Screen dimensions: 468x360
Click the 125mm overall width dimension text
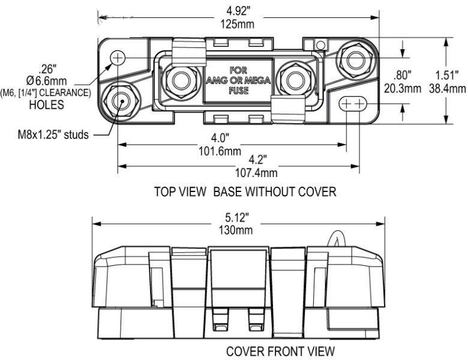pyautogui.click(x=237, y=24)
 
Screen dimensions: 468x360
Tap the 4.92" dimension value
pyautogui.click(x=238, y=11)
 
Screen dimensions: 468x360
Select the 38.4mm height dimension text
pyautogui.click(x=448, y=88)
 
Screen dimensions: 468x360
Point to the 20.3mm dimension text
pyautogui.click(x=403, y=88)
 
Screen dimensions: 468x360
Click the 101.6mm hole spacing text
pyautogui.click(x=220, y=151)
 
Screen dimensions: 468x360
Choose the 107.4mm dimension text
pyautogui.click(x=256, y=173)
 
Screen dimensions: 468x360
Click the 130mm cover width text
pyautogui.click(x=236, y=230)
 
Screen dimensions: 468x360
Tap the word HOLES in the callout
pyautogui.click(x=47, y=105)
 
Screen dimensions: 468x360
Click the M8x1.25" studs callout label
pyautogui.click(x=53, y=134)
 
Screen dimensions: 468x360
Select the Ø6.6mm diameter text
pyautogui.click(x=47, y=81)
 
